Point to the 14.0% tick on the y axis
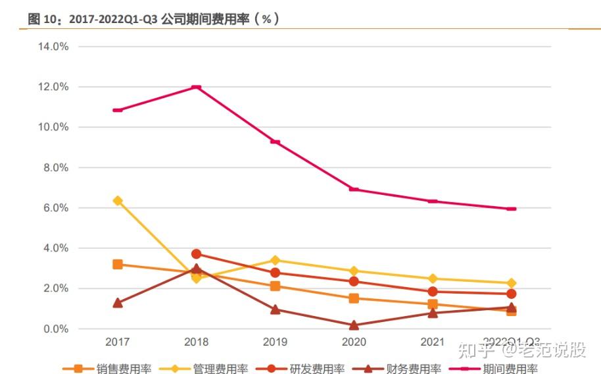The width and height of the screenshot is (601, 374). pyautogui.click(x=54, y=47)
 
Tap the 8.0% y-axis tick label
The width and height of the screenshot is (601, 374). pyautogui.click(x=56, y=168)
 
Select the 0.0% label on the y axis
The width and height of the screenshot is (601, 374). pyautogui.click(x=56, y=329)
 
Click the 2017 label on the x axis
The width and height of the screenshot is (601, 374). pyautogui.click(x=117, y=342)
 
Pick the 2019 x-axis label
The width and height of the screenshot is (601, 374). pyautogui.click(x=275, y=342)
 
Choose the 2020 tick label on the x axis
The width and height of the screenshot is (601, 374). pyautogui.click(x=354, y=342)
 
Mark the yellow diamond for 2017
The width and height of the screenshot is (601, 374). pyautogui.click(x=118, y=201)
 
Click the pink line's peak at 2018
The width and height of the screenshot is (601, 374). pyautogui.click(x=196, y=87)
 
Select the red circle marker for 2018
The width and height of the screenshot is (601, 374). pyautogui.click(x=196, y=254)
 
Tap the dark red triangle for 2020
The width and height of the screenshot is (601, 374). pyautogui.click(x=354, y=325)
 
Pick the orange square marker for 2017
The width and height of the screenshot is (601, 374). pyautogui.click(x=118, y=265)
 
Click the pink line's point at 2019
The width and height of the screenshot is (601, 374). pyautogui.click(x=275, y=142)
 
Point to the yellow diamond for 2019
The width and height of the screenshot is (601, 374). pyautogui.click(x=275, y=261)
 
